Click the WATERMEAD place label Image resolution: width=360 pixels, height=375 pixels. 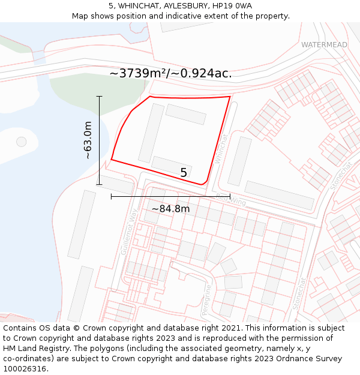tap(324, 45)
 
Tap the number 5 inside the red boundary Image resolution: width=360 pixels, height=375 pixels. tap(184, 173)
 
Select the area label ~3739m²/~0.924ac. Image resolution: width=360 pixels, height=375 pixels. tap(170, 73)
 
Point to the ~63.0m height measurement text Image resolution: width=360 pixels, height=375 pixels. tap(88, 140)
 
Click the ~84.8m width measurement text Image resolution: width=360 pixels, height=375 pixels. tap(170, 209)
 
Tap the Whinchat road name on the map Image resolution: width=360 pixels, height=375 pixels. tap(220, 147)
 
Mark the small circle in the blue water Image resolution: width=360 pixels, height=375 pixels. tap(22, 142)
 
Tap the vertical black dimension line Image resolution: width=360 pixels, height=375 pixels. tap(99, 140)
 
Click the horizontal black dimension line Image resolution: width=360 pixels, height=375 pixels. tap(170, 196)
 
